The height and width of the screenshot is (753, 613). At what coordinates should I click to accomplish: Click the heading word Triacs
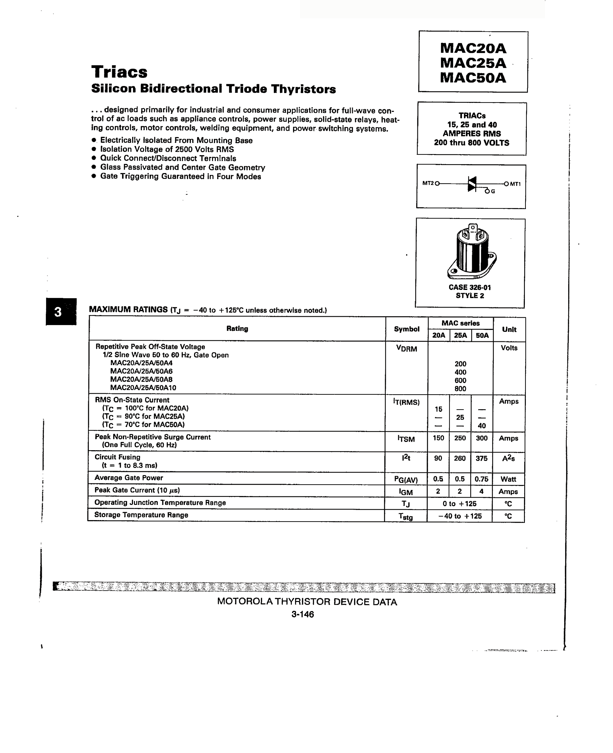119,72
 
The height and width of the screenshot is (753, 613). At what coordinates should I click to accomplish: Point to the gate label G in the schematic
493,191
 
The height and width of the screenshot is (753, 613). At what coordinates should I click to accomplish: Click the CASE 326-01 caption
470,287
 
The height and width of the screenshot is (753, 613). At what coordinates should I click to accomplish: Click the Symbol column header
406,329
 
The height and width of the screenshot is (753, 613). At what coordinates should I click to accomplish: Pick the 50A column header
482,335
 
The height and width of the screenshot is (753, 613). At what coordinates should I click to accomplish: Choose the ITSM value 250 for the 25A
460,438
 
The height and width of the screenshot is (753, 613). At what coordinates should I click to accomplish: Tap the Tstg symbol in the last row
405,516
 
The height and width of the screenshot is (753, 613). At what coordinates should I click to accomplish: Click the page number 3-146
303,614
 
